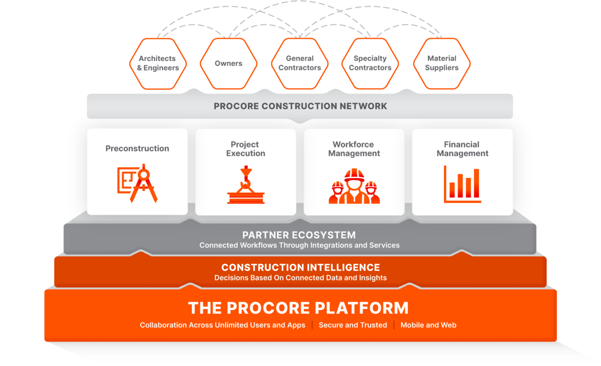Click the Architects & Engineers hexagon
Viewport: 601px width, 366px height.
click(158, 63)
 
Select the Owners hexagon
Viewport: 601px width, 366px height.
click(228, 63)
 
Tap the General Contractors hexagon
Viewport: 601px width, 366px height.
click(299, 63)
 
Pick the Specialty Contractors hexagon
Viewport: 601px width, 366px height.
click(370, 63)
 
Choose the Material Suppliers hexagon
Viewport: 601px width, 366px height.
click(442, 63)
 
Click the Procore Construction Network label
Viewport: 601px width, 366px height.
click(300, 106)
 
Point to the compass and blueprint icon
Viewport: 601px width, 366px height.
click(137, 183)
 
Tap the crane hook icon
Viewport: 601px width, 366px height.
click(245, 186)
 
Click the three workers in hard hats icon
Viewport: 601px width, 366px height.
click(354, 186)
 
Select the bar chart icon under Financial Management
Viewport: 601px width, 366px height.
click(462, 184)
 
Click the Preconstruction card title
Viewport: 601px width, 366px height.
click(137, 148)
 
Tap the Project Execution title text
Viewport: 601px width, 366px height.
click(245, 149)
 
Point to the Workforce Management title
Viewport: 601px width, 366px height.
click(354, 149)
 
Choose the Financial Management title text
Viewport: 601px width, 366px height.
click(462, 149)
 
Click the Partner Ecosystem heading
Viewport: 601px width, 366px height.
click(299, 235)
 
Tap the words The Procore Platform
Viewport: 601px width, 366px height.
click(298, 307)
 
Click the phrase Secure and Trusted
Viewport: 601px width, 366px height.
click(353, 325)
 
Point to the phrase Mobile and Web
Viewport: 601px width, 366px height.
click(428, 325)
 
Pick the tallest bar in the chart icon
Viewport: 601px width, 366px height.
click(476, 183)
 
